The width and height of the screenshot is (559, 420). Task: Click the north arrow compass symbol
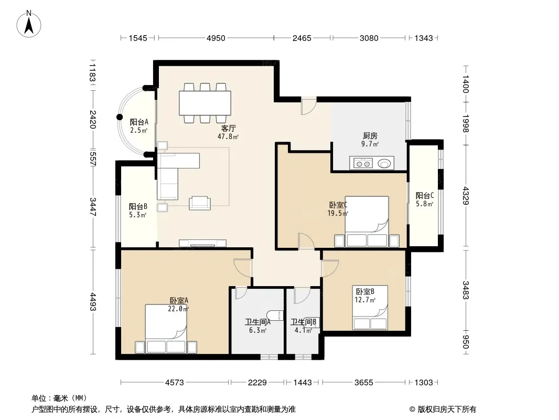(29, 24)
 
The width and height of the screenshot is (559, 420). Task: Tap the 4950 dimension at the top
(216, 38)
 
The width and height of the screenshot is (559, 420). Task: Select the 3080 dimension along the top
(369, 38)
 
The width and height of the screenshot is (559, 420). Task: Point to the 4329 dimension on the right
(466, 195)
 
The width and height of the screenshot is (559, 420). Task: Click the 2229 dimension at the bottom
(257, 383)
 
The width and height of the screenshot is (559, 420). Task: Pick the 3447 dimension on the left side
(93, 207)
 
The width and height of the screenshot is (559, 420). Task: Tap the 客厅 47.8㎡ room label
(228, 132)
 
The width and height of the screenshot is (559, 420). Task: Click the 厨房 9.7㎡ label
(370, 140)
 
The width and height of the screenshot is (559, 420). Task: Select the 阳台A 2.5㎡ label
(138, 126)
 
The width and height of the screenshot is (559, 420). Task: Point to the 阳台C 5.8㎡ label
(425, 199)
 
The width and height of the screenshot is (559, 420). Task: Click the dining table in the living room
(205, 103)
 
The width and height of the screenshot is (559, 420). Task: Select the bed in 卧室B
(370, 307)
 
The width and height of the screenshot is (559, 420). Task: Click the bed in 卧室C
(367, 222)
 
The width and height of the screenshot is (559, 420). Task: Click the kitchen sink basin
(384, 164)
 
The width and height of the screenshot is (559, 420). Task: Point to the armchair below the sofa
(200, 203)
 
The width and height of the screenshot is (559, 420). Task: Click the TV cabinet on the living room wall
(202, 244)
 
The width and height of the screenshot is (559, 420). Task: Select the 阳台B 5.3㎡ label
(137, 211)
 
